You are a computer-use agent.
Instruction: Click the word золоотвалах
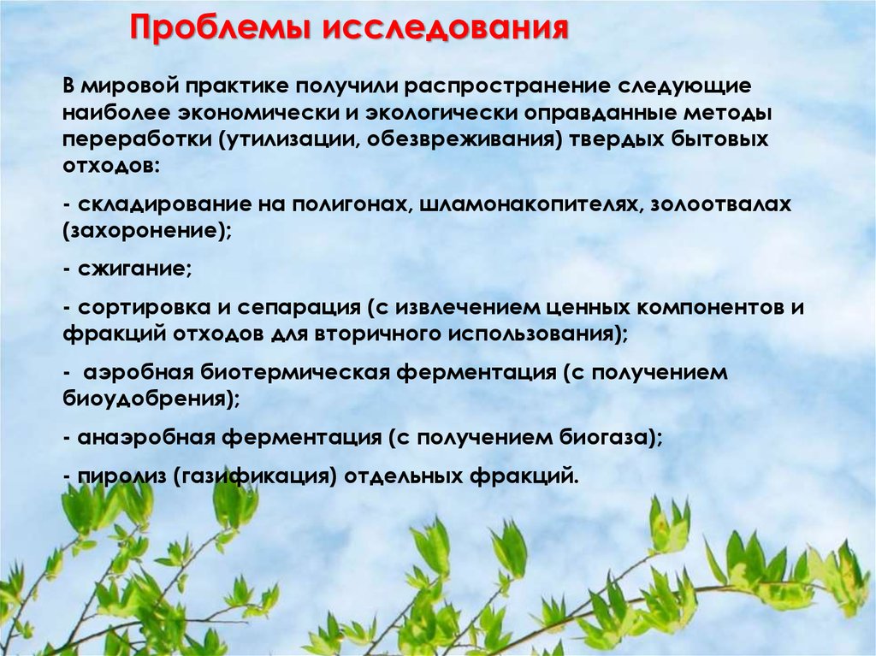tap(721, 205)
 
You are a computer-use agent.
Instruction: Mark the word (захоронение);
tap(147, 231)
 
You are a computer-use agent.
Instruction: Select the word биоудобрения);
tap(150, 398)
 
